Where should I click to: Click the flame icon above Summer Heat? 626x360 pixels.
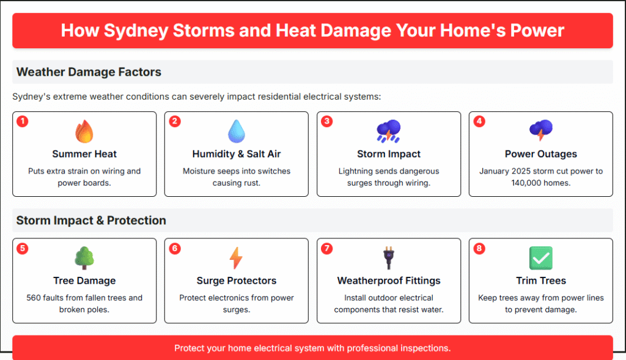[84, 131]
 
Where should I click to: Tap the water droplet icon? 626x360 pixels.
[237, 131]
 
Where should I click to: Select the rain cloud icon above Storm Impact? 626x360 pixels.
[388, 131]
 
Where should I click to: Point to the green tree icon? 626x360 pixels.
[84, 258]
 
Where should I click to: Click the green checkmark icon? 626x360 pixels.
[541, 258]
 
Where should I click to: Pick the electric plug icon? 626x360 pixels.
[389, 258]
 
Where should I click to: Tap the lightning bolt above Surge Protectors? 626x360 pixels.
[236, 258]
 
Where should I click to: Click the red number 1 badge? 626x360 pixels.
[23, 122]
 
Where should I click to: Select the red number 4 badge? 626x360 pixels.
[479, 122]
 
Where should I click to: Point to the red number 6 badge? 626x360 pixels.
[175, 249]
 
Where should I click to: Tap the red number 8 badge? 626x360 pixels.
[479, 249]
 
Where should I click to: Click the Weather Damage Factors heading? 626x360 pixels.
[89, 72]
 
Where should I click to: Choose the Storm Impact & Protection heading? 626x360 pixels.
[91, 220]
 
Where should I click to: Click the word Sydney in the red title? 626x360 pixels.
[136, 31]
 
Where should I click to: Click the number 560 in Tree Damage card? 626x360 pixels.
[33, 298]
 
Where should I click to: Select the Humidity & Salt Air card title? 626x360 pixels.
[237, 154]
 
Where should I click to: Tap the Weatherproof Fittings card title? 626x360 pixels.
[389, 281]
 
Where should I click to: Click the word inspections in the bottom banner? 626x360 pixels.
[425, 348]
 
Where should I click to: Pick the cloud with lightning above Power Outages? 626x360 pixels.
[541, 130]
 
